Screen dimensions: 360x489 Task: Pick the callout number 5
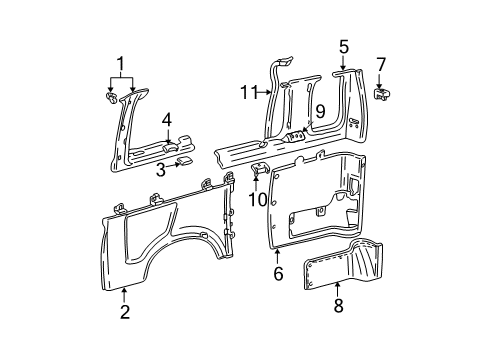click(343, 46)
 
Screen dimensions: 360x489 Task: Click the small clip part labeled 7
click(382, 93)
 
